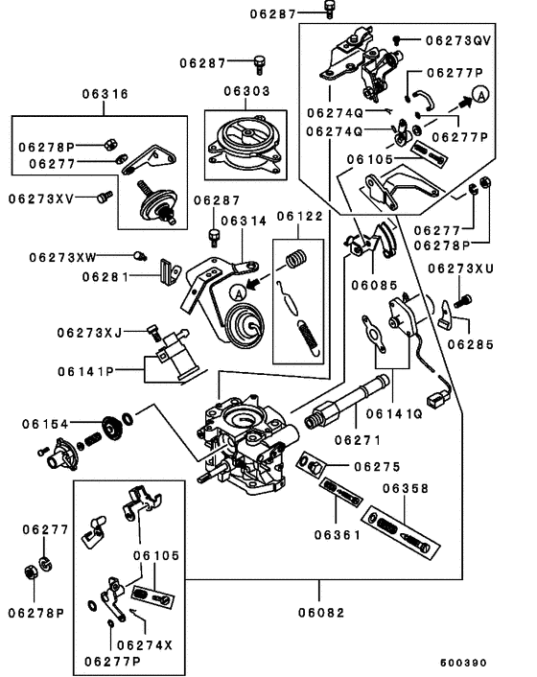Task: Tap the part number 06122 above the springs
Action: click(301, 218)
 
